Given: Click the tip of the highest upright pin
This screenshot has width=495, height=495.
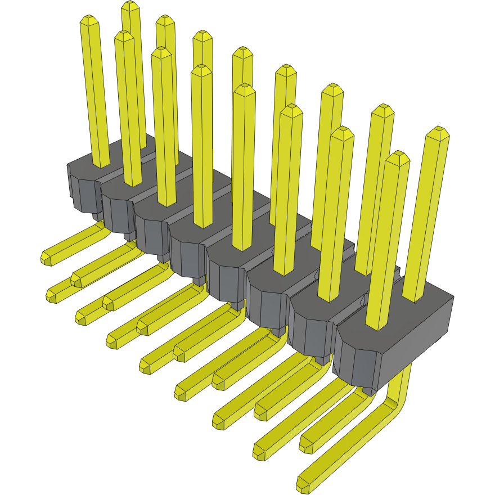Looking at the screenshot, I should coord(130,7).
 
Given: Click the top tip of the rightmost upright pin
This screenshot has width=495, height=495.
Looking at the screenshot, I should coord(438,133).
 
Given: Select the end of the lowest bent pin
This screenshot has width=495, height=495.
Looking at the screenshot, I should coord(303,482).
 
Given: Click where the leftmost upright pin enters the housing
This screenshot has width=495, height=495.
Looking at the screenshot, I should coord(101,163).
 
